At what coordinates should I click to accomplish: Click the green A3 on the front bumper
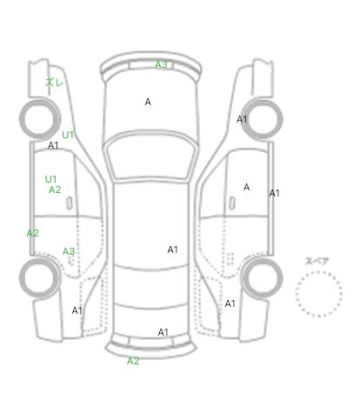(x=161, y=64)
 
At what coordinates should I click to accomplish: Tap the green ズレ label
(x=54, y=83)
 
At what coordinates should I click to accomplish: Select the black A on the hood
(x=148, y=102)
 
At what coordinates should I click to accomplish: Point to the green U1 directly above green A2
(x=50, y=179)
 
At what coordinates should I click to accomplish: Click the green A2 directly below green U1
(x=55, y=190)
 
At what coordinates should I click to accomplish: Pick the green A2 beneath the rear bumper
(x=133, y=361)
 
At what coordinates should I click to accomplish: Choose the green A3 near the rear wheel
(x=69, y=251)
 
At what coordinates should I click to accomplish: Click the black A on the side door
(x=246, y=187)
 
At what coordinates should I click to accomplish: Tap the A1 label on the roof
(x=172, y=250)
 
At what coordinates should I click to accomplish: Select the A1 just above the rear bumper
(x=163, y=332)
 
